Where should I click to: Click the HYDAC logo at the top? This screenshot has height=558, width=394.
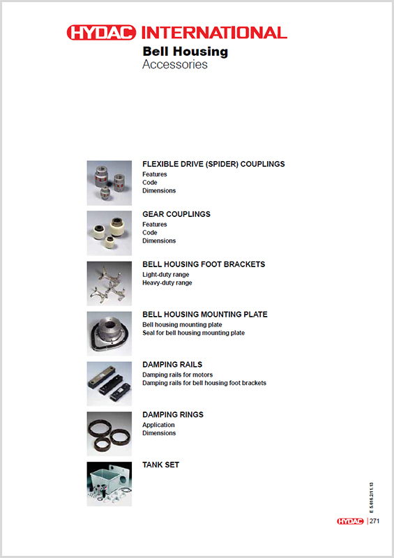(x=103, y=32)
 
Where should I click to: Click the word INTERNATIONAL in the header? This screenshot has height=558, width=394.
(x=213, y=32)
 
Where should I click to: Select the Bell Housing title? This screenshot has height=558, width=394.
(x=185, y=51)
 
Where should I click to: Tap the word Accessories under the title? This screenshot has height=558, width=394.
(x=174, y=65)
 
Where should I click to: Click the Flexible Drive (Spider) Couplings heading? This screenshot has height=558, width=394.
(x=213, y=164)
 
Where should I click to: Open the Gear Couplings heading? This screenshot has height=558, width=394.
(x=176, y=214)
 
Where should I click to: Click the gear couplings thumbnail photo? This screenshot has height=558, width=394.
(x=109, y=233)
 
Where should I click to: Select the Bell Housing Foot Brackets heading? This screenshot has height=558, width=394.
(x=204, y=264)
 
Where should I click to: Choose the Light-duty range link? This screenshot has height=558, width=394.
(x=165, y=274)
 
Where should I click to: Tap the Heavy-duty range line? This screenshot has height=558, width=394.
(x=167, y=282)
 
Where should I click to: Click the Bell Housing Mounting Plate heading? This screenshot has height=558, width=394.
(x=205, y=315)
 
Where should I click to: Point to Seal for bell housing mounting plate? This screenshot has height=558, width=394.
(x=193, y=333)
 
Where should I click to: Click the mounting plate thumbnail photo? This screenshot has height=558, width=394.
(x=109, y=333)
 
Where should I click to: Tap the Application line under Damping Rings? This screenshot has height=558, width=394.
(x=158, y=425)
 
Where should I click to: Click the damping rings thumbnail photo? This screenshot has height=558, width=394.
(x=109, y=434)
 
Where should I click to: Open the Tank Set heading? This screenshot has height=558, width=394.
(x=160, y=465)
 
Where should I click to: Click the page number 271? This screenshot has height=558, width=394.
(x=374, y=521)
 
